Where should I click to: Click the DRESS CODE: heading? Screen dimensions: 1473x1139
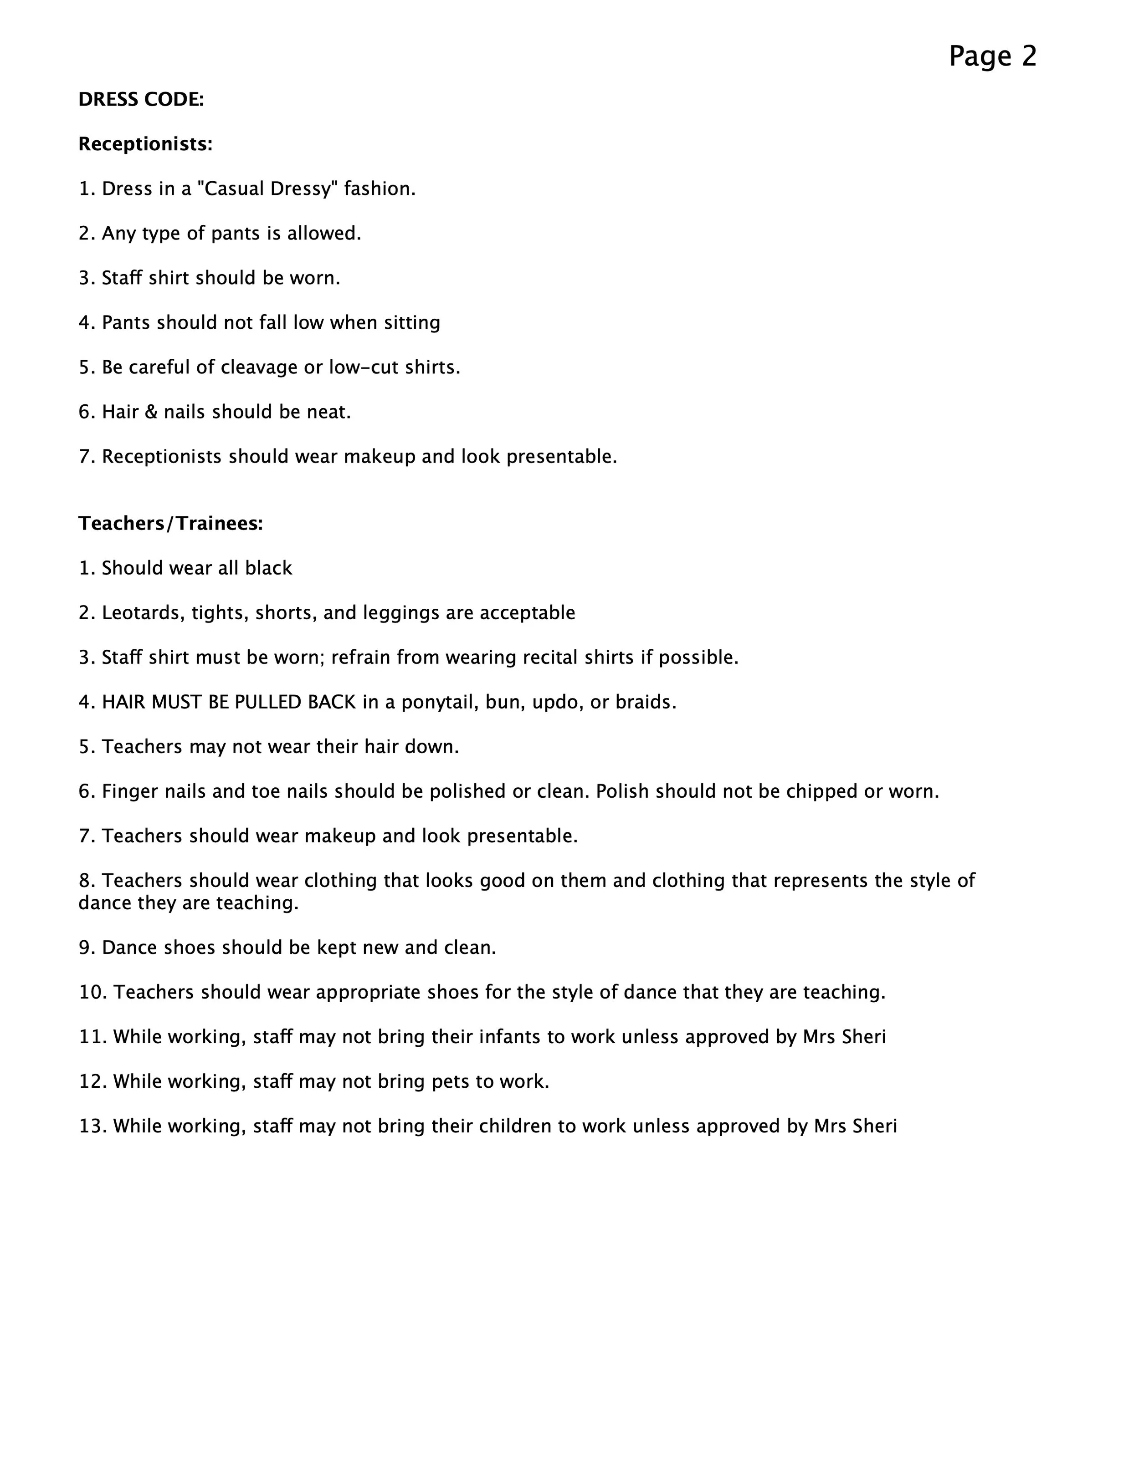point(141,100)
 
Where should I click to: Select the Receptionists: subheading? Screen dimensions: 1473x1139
point(145,144)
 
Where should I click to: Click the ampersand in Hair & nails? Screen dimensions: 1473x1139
point(151,412)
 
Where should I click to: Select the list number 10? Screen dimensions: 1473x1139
point(92,993)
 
